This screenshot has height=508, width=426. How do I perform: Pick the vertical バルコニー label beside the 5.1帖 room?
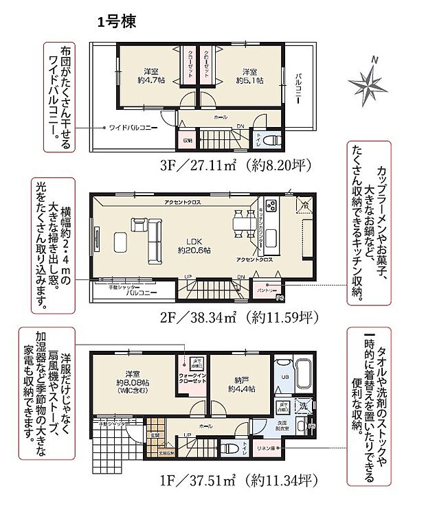(300, 88)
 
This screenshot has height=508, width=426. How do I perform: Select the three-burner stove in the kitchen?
(271, 205)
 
